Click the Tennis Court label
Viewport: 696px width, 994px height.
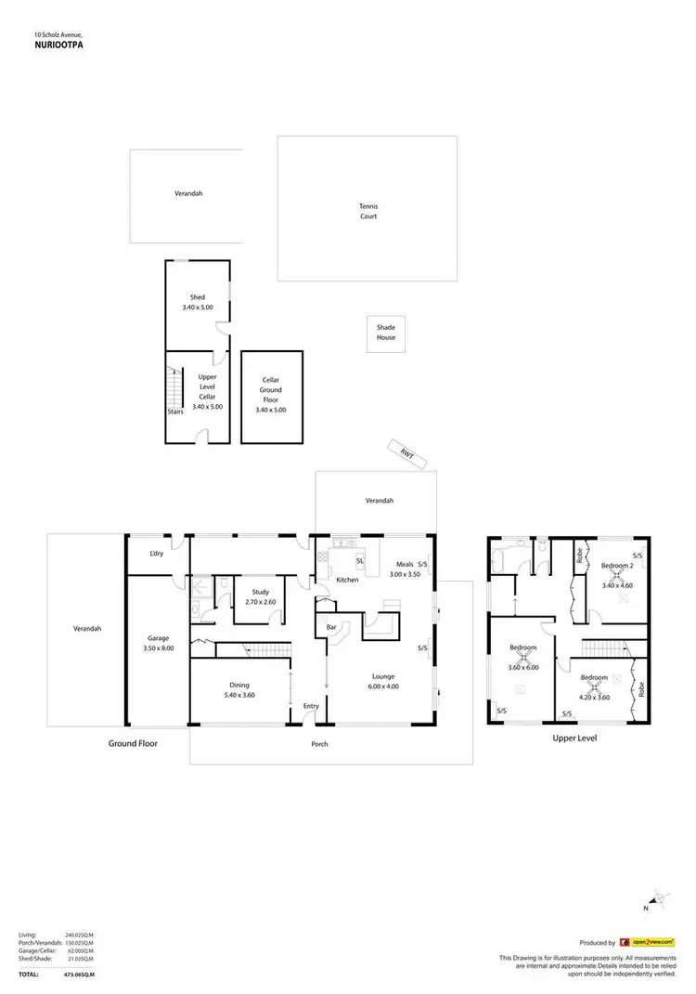click(x=368, y=211)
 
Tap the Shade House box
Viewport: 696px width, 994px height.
click(x=385, y=333)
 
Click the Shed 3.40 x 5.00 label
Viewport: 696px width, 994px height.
click(x=197, y=302)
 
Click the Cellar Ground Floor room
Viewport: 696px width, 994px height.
click(x=271, y=394)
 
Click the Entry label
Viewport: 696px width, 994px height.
click(x=311, y=706)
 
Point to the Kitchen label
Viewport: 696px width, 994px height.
click(x=347, y=580)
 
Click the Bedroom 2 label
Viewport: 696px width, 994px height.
click(x=616, y=565)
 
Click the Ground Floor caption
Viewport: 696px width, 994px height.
click(x=133, y=743)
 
